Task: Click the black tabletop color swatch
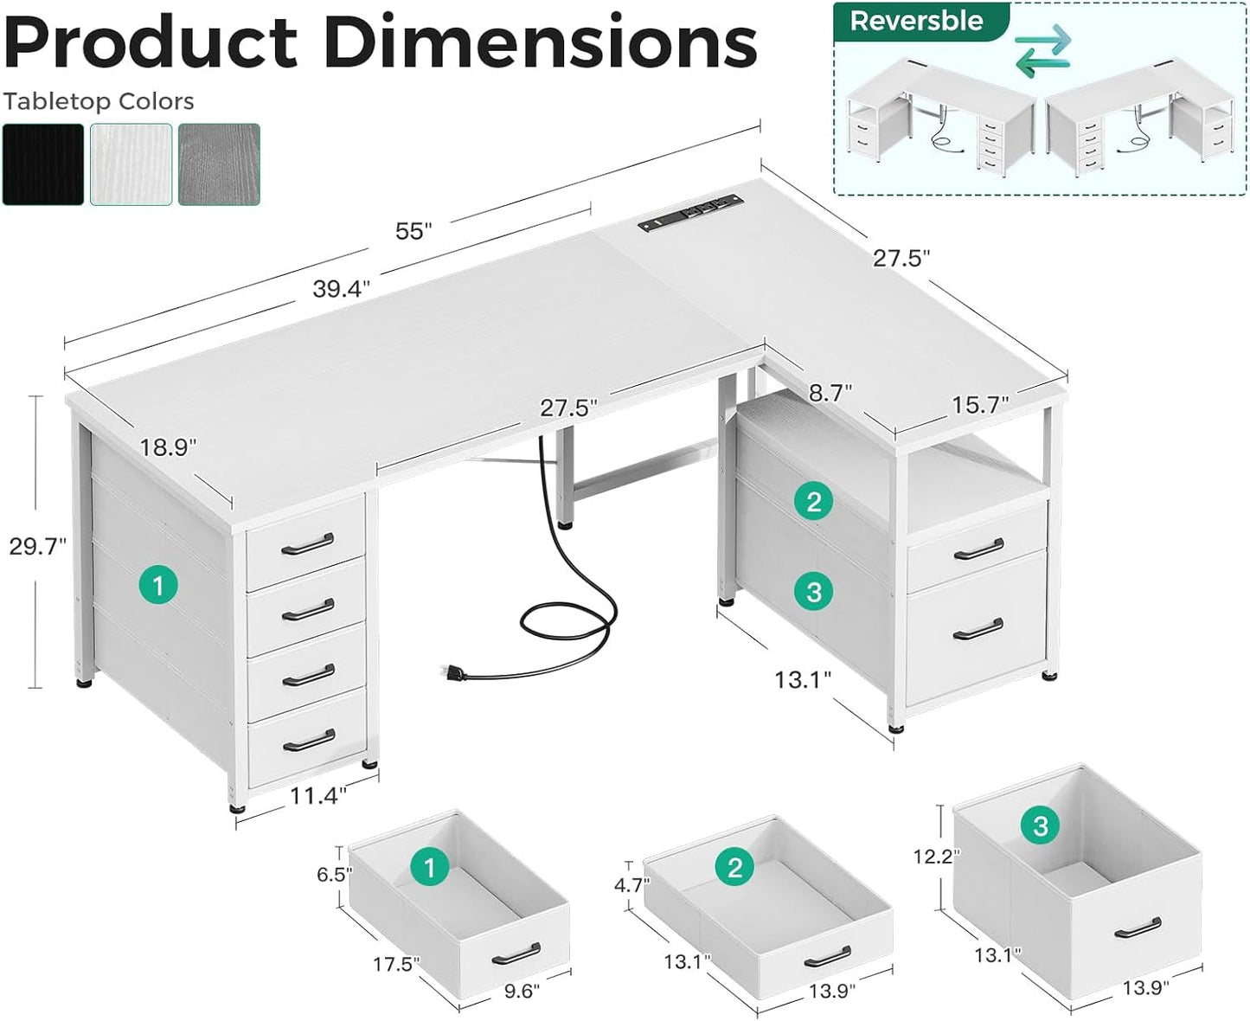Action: click(43, 164)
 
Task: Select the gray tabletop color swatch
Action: click(219, 164)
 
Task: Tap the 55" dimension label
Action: click(413, 231)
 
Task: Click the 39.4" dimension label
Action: click(341, 289)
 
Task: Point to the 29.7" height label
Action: click(37, 546)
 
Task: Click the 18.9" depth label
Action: click(168, 447)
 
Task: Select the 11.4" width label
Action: click(317, 795)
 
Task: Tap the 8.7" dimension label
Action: click(830, 394)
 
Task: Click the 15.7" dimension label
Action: click(980, 405)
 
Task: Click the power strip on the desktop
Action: click(690, 212)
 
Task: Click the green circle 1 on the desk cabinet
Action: click(157, 586)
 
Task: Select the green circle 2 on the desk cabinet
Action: click(813, 501)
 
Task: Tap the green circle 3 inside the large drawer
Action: click(1040, 825)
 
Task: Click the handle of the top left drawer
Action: click(307, 543)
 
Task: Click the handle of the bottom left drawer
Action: click(309, 741)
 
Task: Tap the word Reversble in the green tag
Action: click(916, 22)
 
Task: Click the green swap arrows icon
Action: click(1042, 51)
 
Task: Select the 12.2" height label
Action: click(936, 857)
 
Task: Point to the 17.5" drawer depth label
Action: click(395, 964)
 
